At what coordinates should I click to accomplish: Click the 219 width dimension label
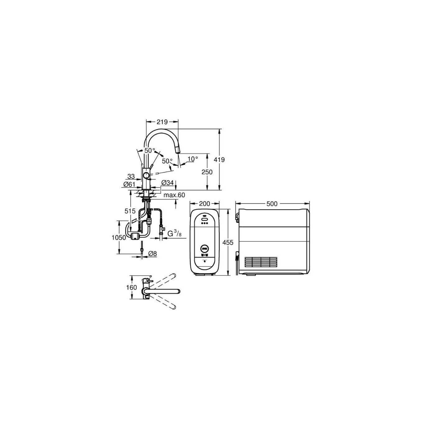pos(162,122)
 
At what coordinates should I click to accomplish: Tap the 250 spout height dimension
pos(207,172)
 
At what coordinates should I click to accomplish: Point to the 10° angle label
pos(193,159)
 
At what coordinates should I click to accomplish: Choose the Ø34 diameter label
pos(167,183)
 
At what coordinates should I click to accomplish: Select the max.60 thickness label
pos(174,195)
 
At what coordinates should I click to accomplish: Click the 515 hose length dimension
pos(130,211)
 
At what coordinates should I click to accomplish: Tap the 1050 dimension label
pos(119,238)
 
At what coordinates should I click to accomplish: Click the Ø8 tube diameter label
pos(153,254)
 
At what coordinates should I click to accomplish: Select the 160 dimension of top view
pos(131,287)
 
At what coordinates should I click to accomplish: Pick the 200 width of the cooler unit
pos(204,204)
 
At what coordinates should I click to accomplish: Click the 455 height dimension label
pos(228,242)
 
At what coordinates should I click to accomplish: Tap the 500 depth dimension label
pos(272,204)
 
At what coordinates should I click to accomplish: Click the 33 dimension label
pos(131,176)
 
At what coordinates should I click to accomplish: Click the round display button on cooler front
pos(204,249)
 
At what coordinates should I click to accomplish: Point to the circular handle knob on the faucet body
pos(146,176)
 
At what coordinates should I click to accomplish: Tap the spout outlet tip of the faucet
pos(178,151)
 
